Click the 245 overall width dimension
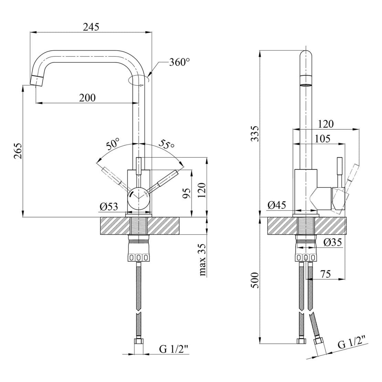click(91, 27)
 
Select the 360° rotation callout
click(180, 62)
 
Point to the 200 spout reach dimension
click(87, 98)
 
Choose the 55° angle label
click(167, 145)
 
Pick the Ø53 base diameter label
click(109, 206)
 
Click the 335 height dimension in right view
click(254, 134)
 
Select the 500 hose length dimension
click(254, 280)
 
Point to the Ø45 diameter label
click(277, 205)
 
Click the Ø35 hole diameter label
click(332, 243)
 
